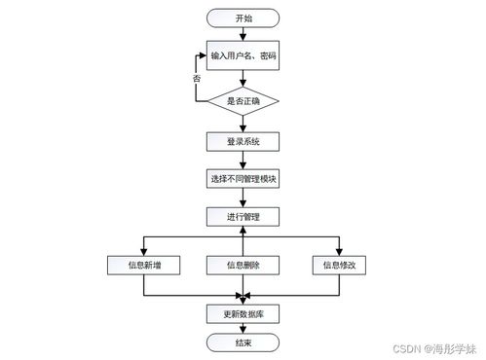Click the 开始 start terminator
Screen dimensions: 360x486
point(243,18)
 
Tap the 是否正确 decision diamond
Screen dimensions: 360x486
point(243,100)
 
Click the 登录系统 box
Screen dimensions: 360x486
point(243,141)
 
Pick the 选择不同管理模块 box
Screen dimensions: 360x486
point(243,179)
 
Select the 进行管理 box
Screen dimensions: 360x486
point(243,216)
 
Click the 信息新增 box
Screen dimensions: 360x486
point(144,264)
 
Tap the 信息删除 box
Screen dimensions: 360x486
point(243,264)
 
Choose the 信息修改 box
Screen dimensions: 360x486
point(339,264)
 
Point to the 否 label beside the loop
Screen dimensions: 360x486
point(198,77)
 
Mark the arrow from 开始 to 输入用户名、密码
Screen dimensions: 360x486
point(243,38)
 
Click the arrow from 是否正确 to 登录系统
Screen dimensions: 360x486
point(243,123)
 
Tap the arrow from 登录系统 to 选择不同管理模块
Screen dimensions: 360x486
point(243,161)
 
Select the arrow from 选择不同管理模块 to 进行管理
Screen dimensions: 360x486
point(243,198)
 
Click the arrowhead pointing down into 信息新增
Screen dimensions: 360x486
point(144,250)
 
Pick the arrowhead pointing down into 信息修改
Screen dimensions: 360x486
point(339,250)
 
